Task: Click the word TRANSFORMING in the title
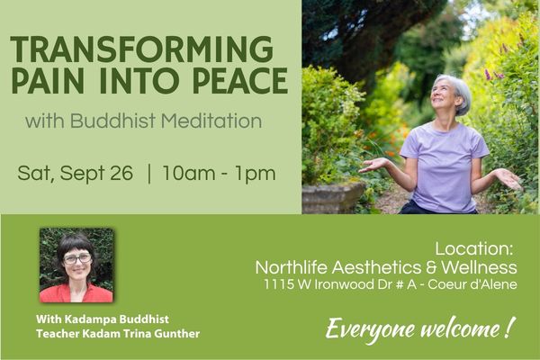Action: (142, 49)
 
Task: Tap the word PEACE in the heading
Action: (240, 81)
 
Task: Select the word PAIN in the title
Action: (48, 81)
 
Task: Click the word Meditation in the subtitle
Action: (211, 121)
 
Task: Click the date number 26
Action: (121, 173)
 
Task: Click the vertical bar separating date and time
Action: (148, 174)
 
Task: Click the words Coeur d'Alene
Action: (472, 284)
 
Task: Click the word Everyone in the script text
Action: (370, 329)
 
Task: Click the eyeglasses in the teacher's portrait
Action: (77, 258)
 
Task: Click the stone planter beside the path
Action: (333, 197)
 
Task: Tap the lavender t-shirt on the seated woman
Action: (444, 167)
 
